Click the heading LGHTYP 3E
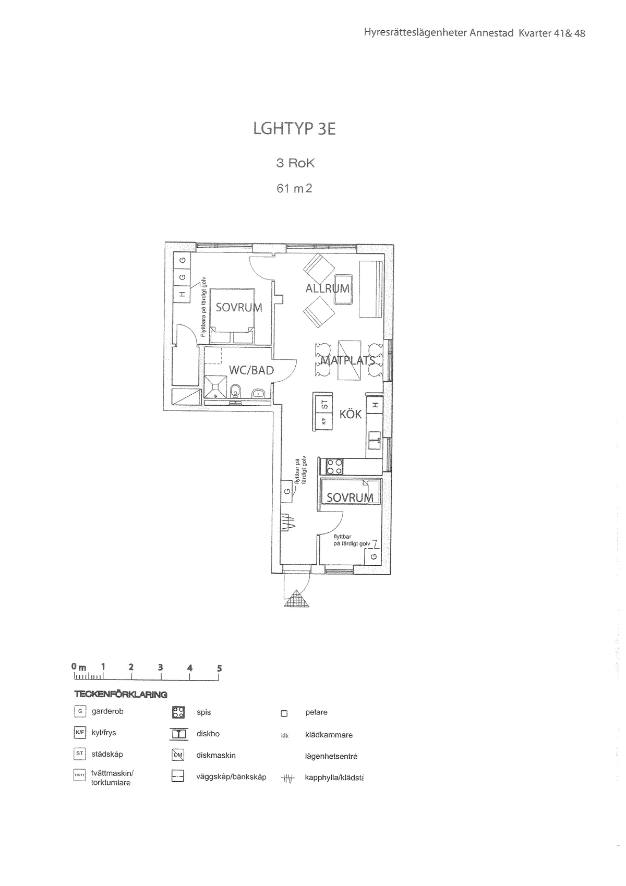tap(294, 129)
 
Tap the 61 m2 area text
tap(294, 188)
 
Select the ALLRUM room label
tap(327, 288)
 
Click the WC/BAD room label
tap(251, 370)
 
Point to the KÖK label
tap(351, 414)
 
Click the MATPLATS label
tap(347, 360)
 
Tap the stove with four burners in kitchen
tap(334, 466)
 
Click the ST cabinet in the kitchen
tap(324, 404)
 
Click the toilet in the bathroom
tap(235, 390)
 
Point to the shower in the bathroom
tap(215, 387)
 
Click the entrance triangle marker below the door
tap(297, 599)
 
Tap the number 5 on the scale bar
tap(220, 668)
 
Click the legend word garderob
tap(107, 711)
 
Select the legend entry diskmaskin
tap(216, 755)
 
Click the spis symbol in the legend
tap(178, 712)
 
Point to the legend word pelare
tap(317, 712)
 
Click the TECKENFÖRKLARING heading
tap(121, 695)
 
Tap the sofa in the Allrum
tap(371, 289)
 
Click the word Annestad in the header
tap(491, 33)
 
